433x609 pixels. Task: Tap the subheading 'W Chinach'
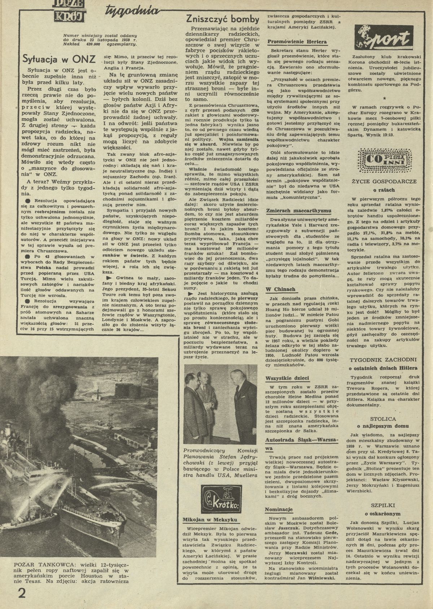click(280, 289)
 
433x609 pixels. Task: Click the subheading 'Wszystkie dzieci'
click(287, 378)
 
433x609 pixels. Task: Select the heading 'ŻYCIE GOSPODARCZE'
click(384, 181)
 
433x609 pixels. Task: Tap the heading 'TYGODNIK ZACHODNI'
click(384, 360)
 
